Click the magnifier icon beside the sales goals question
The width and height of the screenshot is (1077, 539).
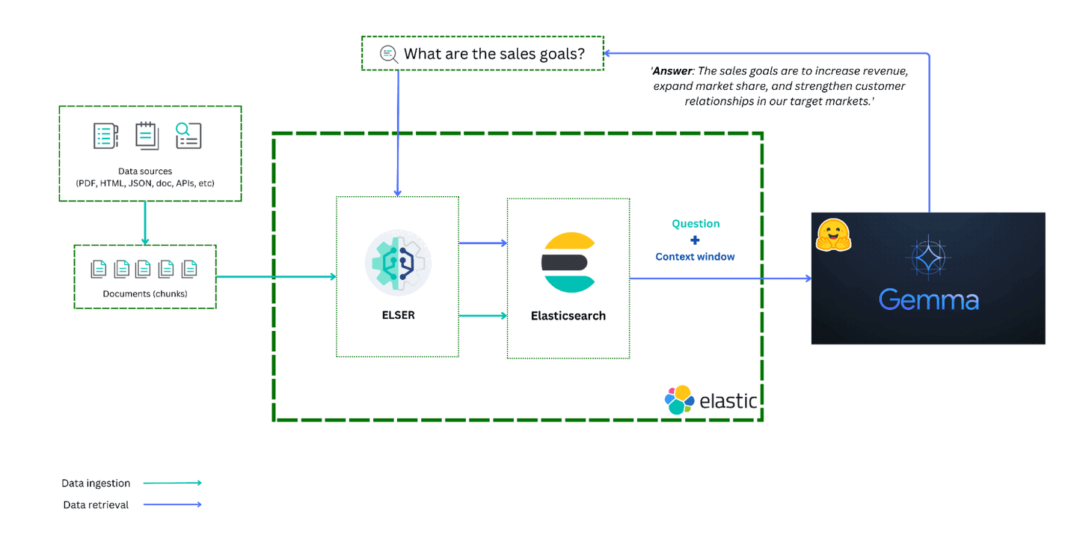[388, 53]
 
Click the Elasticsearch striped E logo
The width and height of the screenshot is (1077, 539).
[568, 262]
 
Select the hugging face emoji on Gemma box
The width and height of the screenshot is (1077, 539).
[833, 234]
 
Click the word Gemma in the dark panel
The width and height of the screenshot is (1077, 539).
[928, 300]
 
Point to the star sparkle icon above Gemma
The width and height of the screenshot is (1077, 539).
[928, 257]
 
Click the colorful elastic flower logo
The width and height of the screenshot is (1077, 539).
[679, 400]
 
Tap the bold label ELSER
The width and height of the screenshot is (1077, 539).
[398, 315]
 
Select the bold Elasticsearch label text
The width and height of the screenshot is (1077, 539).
[568, 316]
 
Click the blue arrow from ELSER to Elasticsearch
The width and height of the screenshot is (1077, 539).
[482, 243]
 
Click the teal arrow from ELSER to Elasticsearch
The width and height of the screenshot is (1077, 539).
[482, 315]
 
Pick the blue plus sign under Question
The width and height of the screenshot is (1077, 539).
[695, 240]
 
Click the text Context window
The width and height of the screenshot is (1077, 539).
[695, 257]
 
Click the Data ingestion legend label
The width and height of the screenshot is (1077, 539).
[96, 484]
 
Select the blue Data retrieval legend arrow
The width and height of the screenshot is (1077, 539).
[172, 505]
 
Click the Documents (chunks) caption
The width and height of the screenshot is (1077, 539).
[145, 293]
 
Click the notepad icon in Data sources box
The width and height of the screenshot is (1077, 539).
[147, 135]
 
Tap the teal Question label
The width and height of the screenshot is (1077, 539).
[696, 224]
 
